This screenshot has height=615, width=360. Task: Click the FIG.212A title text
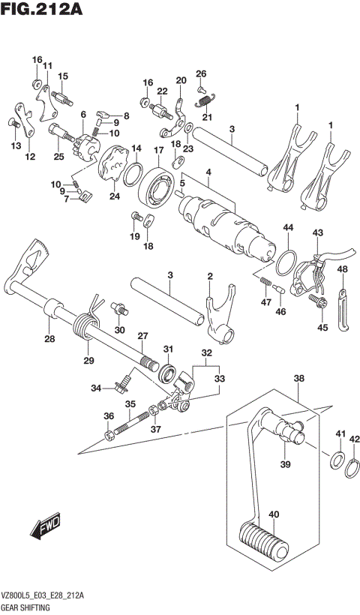[x=42, y=10]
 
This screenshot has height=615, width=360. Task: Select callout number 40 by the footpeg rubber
[x=273, y=514]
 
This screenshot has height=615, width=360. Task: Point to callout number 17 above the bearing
[x=159, y=151]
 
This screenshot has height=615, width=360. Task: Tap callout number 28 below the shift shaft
[x=49, y=339]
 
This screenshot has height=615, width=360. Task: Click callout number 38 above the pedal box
[x=298, y=379]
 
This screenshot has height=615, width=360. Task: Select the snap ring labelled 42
[x=353, y=469]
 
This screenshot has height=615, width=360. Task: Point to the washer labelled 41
[x=338, y=459]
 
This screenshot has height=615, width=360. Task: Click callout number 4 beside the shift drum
[x=208, y=172]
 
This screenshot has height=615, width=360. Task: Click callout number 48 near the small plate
[x=342, y=269]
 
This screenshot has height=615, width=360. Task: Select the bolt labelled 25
[x=59, y=138]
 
